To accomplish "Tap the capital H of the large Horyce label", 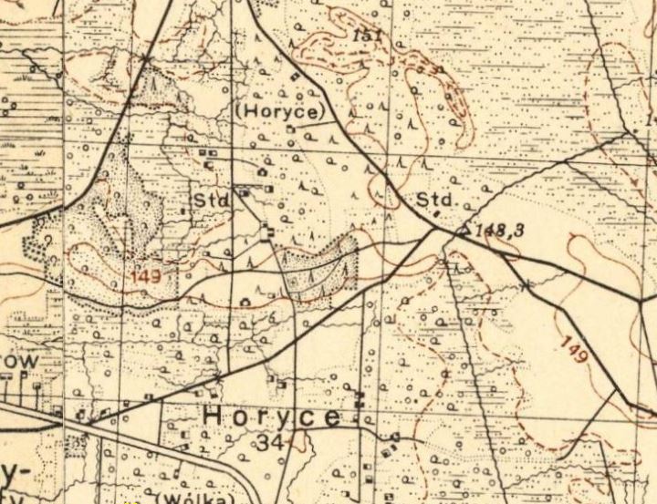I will [213, 417].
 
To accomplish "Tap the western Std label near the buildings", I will [208, 200].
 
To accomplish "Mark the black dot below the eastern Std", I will [436, 214].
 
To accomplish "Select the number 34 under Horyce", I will [270, 444].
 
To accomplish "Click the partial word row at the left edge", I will [18, 363].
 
